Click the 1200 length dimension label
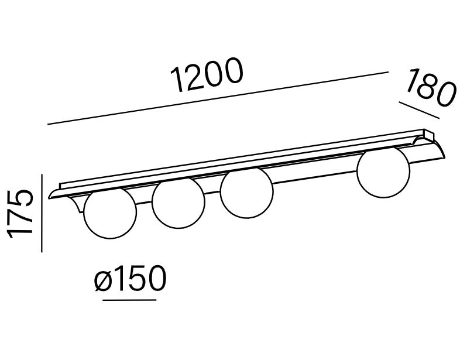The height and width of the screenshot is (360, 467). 207,75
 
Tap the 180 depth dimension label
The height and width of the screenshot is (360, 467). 431,88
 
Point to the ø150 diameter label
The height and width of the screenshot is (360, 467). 130,278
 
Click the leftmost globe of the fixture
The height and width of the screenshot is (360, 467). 110,213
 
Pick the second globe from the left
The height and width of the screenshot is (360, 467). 178,203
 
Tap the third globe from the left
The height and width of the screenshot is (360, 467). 246,193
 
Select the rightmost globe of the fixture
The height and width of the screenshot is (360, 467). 383,172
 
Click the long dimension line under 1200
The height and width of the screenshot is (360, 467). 218,98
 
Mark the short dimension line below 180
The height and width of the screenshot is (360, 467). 420,110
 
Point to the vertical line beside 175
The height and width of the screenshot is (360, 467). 42,213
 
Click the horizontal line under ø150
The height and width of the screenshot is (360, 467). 129,300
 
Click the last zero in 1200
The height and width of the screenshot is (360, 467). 232,70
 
